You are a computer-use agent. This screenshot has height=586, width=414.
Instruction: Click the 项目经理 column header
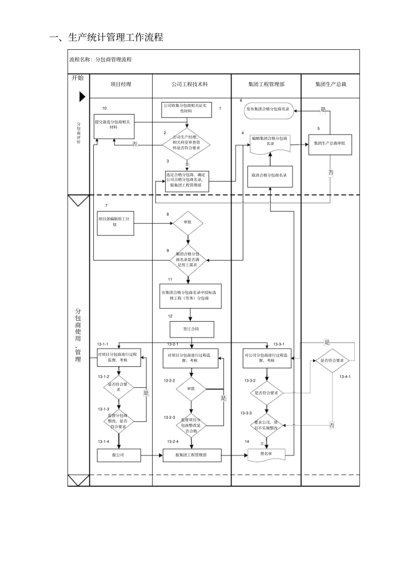pyautogui.click(x=121, y=85)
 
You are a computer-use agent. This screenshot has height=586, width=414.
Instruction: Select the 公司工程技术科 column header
pyautogui.click(x=190, y=85)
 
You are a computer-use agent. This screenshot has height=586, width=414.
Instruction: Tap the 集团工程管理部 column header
pyautogui.click(x=266, y=85)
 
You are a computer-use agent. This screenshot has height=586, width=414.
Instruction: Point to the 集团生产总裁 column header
pyautogui.click(x=330, y=85)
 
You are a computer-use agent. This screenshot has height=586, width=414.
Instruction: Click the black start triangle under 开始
pyautogui.click(x=82, y=97)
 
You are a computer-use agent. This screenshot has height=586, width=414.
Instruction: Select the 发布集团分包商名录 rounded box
pyautogui.click(x=268, y=110)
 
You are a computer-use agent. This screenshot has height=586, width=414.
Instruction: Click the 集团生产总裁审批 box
pyautogui.click(x=329, y=143)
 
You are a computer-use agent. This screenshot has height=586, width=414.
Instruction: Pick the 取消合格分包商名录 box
pyautogui.click(x=270, y=176)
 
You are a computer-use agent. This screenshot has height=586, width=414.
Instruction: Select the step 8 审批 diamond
pyautogui.click(x=187, y=223)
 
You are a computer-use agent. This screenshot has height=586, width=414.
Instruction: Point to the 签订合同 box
pyautogui.click(x=191, y=329)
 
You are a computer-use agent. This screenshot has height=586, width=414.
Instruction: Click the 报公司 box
pyautogui.click(x=118, y=455)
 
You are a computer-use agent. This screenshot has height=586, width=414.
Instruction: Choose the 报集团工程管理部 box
pyautogui.click(x=191, y=455)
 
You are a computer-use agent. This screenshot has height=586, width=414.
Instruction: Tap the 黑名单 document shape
pyautogui.click(x=266, y=454)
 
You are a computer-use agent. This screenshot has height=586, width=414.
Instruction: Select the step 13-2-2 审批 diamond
pyautogui.click(x=191, y=389)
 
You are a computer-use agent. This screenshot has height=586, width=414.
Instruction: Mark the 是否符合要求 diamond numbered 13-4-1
pyautogui.click(x=332, y=361)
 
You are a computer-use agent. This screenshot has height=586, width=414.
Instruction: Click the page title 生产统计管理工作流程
pyautogui.click(x=106, y=38)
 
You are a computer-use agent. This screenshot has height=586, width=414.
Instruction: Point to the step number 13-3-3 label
pyautogui.click(x=246, y=413)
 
